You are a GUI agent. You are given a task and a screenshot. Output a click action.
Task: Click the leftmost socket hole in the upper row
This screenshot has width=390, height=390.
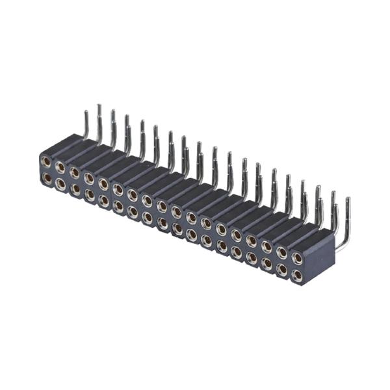(45, 161)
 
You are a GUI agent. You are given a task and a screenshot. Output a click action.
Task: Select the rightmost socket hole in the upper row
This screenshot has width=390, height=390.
(297, 257)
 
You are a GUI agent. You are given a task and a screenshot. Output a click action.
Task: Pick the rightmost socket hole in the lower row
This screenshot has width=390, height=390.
(297, 276)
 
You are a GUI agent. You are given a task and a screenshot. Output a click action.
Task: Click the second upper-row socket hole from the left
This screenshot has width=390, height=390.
(60, 167)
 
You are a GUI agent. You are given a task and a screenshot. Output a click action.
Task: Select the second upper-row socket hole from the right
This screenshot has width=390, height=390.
(282, 252)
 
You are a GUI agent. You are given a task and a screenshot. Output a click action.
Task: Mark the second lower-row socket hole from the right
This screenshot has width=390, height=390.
(282, 269)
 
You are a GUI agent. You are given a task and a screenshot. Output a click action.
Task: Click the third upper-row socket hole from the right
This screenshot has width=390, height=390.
(266, 246)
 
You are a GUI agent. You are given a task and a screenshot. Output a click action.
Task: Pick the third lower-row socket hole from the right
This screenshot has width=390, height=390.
(266, 264)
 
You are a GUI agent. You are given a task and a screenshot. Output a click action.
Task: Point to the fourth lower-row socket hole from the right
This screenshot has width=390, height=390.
(252, 258)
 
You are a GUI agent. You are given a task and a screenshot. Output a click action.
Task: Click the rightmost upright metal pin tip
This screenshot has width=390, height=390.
(348, 200)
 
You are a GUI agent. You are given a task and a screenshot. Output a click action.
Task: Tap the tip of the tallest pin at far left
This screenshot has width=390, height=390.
(99, 106)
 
